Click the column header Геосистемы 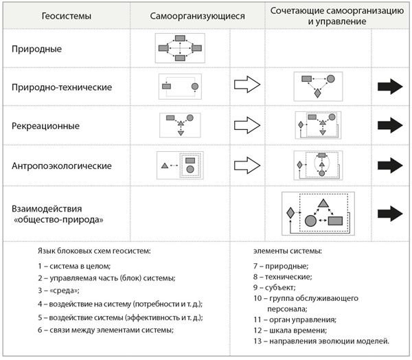[x=67, y=16]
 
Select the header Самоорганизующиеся [x=197, y=16]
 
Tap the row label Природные [x=37, y=49]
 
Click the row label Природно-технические [x=62, y=87]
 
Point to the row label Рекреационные [x=45, y=126]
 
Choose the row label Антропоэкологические [x=62, y=166]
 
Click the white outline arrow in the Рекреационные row [x=247, y=125]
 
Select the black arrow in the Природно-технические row [x=390, y=87]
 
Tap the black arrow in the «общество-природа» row [x=390, y=214]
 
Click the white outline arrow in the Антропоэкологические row [x=247, y=166]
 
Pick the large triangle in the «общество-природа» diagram [x=323, y=203]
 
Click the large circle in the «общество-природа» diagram [x=310, y=221]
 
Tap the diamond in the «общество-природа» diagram [x=290, y=213]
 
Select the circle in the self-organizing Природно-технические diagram [x=195, y=87]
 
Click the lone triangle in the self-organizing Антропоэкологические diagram [x=165, y=166]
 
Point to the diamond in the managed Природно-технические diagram [x=317, y=93]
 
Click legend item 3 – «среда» [x=58, y=291]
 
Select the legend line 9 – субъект [x=275, y=288]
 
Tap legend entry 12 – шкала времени [x=290, y=330]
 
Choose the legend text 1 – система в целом [x=74, y=266]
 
